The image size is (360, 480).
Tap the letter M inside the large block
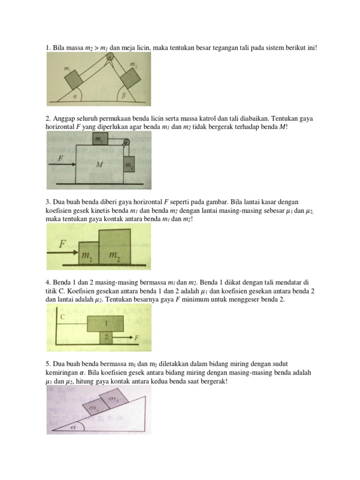[x=99, y=165]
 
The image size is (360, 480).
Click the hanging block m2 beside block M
[x=129, y=165]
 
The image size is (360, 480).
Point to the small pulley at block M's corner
[x=125, y=142]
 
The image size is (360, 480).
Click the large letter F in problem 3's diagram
[x=62, y=244]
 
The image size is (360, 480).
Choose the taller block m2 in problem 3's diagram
[x=114, y=247]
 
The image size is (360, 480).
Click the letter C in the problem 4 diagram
[x=62, y=317]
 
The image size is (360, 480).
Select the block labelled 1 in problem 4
[x=106, y=323]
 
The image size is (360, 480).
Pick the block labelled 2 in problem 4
[x=106, y=337]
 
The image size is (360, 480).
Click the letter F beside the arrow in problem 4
[x=137, y=337]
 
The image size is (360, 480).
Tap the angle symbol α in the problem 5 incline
[x=73, y=427]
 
